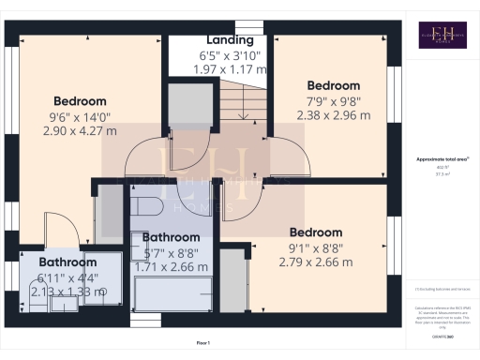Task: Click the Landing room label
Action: click(x=230, y=40)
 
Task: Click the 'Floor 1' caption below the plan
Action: click(x=204, y=343)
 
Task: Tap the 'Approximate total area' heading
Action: click(x=442, y=160)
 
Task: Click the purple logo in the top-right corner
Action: click(x=442, y=35)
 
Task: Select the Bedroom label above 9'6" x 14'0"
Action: click(x=80, y=101)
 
